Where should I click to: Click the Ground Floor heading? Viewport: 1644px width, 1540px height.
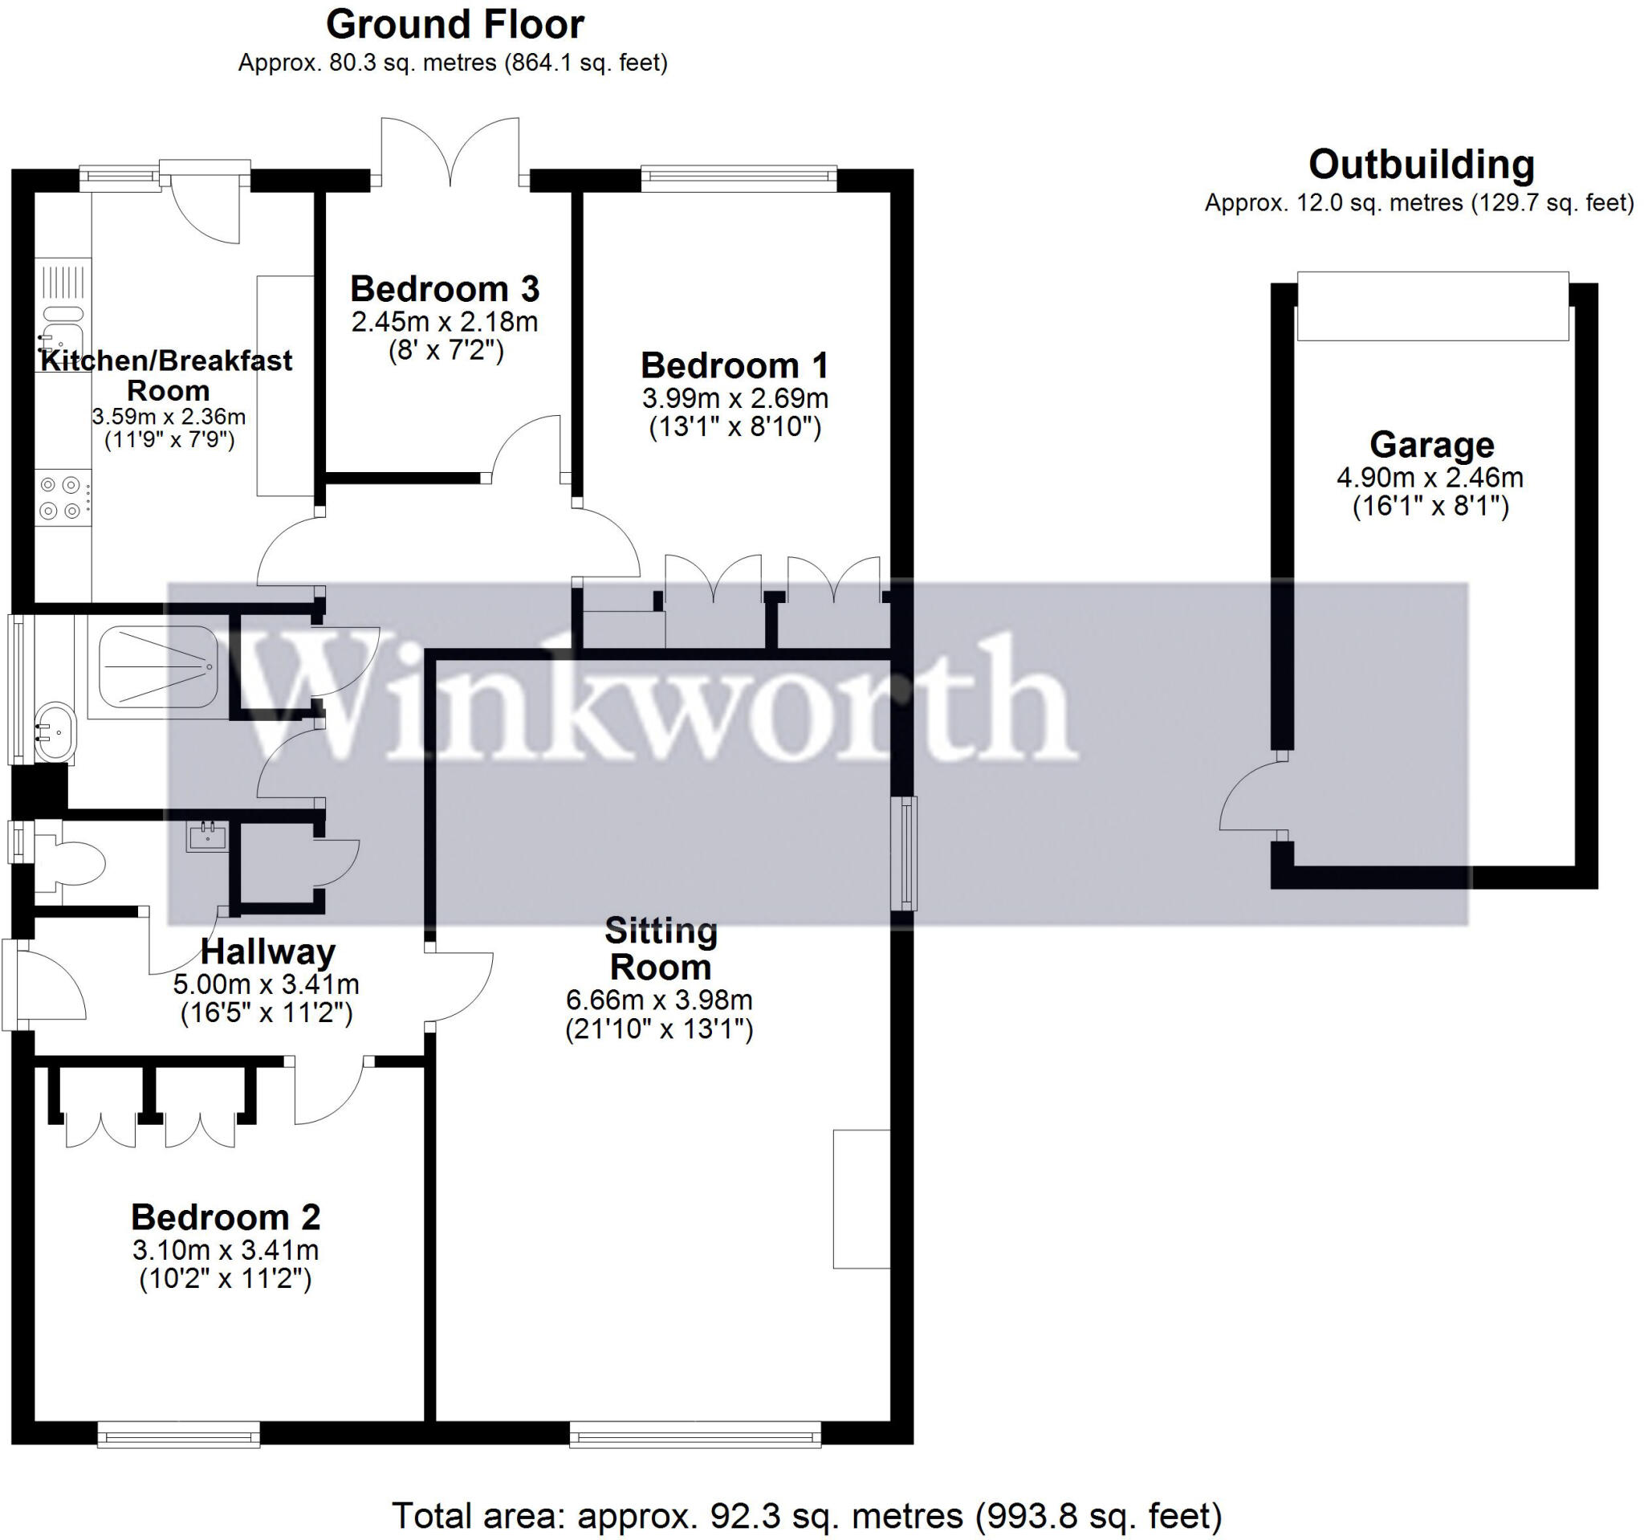(455, 25)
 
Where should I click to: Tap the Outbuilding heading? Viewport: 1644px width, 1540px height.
(1421, 165)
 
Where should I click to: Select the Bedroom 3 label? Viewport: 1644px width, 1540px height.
(445, 290)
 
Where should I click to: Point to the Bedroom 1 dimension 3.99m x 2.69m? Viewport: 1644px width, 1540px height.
(735, 398)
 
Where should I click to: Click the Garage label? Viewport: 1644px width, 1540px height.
(1431, 445)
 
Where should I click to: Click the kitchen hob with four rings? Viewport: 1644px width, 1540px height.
(62, 498)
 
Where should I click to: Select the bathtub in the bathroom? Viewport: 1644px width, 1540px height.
(157, 666)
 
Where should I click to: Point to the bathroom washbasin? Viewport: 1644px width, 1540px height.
(55, 732)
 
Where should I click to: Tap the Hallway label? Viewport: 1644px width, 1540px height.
(268, 952)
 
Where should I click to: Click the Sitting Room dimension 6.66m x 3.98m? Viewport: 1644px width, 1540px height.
(659, 1000)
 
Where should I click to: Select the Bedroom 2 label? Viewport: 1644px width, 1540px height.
(226, 1217)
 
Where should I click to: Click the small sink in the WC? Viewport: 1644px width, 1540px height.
(207, 837)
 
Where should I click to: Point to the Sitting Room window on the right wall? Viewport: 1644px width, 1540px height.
(908, 853)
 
